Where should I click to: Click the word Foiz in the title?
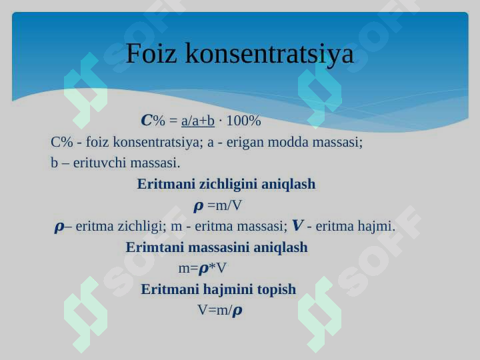click(x=151, y=53)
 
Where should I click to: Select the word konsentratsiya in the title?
click(x=269, y=54)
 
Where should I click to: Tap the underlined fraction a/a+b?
click(x=198, y=121)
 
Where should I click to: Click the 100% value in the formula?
click(x=243, y=120)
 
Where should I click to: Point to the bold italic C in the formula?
click(x=146, y=120)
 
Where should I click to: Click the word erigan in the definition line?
click(x=245, y=143)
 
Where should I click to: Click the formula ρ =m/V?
click(x=217, y=206)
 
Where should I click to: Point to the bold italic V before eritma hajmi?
click(x=298, y=226)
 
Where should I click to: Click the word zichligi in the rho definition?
click(x=142, y=227)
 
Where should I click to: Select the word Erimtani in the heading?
click(x=155, y=247)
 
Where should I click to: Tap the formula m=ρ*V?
click(x=202, y=269)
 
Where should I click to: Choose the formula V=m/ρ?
click(x=220, y=311)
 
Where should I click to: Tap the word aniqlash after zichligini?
click(x=289, y=185)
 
